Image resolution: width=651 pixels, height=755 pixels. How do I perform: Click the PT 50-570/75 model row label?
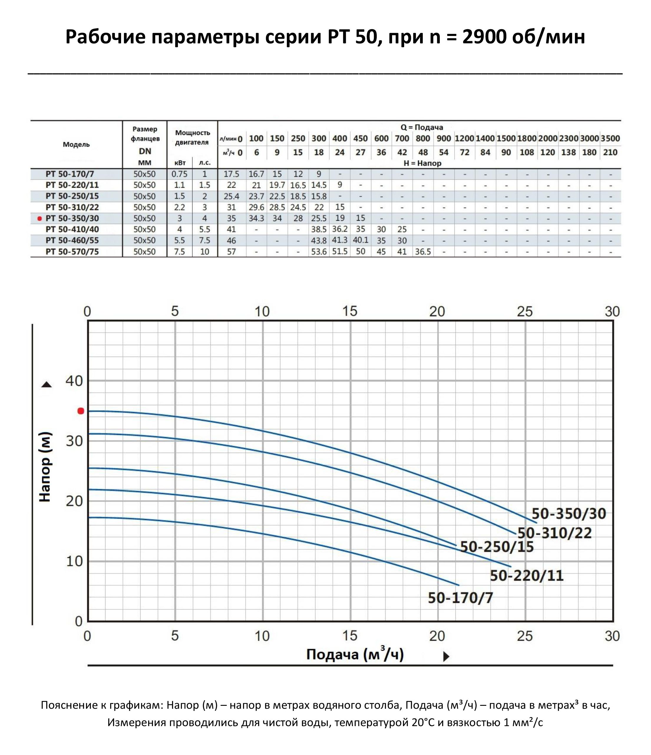72,252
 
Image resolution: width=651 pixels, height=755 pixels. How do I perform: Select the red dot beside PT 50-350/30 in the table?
40,219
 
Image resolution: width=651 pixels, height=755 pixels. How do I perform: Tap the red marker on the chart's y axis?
81,411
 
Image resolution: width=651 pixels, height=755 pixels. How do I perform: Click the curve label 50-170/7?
460,598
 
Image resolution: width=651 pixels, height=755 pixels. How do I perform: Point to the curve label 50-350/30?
569,513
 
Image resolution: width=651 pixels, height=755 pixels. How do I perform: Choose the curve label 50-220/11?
526,576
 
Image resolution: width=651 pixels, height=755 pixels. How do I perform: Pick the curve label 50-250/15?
497,547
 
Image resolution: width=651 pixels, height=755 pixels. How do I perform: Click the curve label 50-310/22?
554,533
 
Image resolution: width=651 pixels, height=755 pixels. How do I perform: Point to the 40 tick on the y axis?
74,381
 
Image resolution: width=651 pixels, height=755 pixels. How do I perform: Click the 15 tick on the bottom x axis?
350,636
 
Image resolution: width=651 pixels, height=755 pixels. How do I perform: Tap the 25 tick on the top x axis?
525,311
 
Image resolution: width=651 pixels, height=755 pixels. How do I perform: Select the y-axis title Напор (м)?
45,467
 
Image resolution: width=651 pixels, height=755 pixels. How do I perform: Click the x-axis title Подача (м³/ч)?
355,655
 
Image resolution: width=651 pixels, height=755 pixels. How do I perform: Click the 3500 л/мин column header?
610,139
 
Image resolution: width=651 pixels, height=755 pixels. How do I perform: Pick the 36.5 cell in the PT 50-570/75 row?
423,252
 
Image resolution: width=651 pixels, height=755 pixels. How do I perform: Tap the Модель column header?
76,145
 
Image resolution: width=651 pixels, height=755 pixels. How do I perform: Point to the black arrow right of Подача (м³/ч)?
446,657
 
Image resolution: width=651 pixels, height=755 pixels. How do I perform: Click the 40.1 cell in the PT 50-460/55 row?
360,240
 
